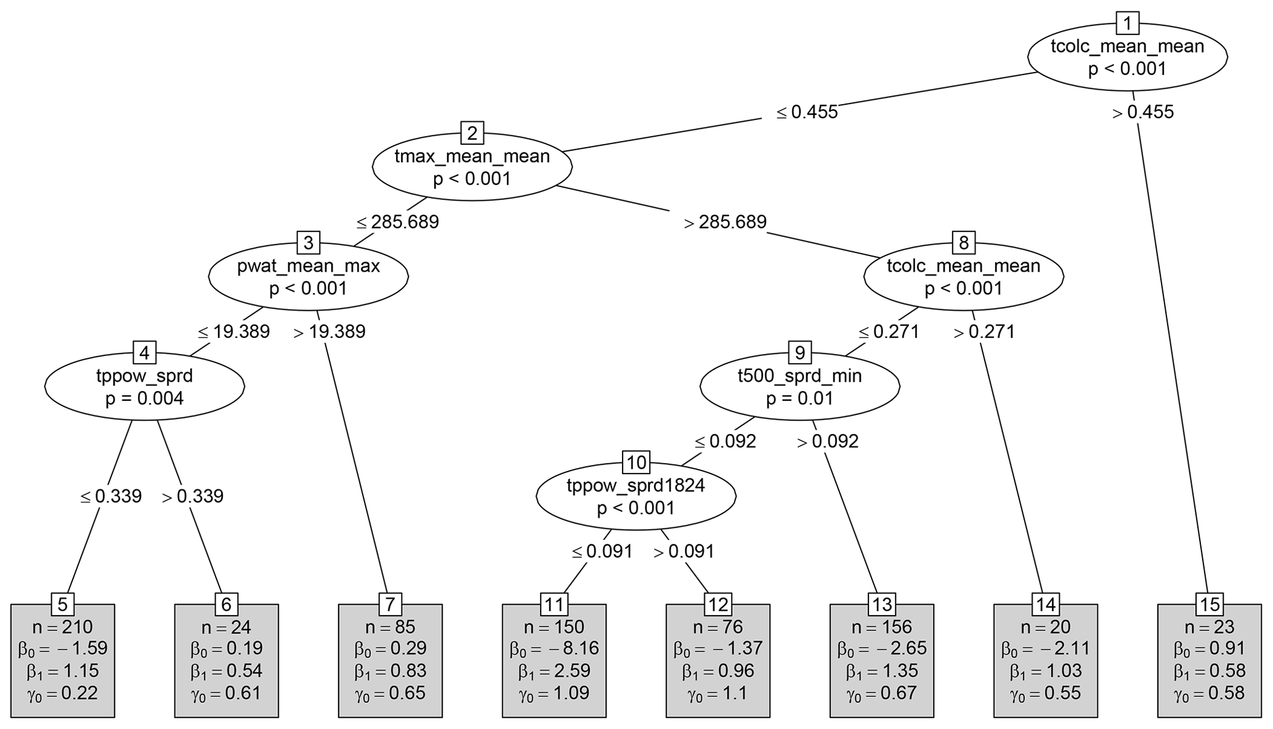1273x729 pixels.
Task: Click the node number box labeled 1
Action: (x=1127, y=24)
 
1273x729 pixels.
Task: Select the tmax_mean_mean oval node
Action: (x=472, y=167)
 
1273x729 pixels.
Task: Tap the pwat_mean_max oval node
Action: (x=308, y=276)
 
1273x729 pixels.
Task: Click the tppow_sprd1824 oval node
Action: (x=636, y=496)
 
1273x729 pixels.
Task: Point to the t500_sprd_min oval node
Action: (x=799, y=387)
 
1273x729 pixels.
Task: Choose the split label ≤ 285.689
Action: (x=398, y=222)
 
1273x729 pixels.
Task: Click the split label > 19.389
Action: (x=329, y=332)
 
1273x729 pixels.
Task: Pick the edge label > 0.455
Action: (x=1143, y=112)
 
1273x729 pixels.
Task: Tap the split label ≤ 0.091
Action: (x=602, y=551)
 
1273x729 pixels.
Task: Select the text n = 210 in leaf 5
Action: (x=62, y=627)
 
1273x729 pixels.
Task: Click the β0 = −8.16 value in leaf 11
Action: (x=554, y=648)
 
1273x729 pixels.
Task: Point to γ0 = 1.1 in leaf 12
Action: (x=717, y=693)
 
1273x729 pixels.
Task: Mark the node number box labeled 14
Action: (x=1045, y=605)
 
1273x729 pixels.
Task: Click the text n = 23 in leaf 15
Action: (x=1209, y=627)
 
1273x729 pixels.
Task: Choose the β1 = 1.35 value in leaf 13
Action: (x=881, y=671)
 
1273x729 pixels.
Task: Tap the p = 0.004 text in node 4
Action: (x=144, y=398)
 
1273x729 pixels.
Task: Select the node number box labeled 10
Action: (x=636, y=462)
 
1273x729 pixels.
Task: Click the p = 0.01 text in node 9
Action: (x=799, y=398)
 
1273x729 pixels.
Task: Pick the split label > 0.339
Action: (x=193, y=496)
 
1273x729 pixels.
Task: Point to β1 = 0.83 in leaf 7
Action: (x=390, y=671)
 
